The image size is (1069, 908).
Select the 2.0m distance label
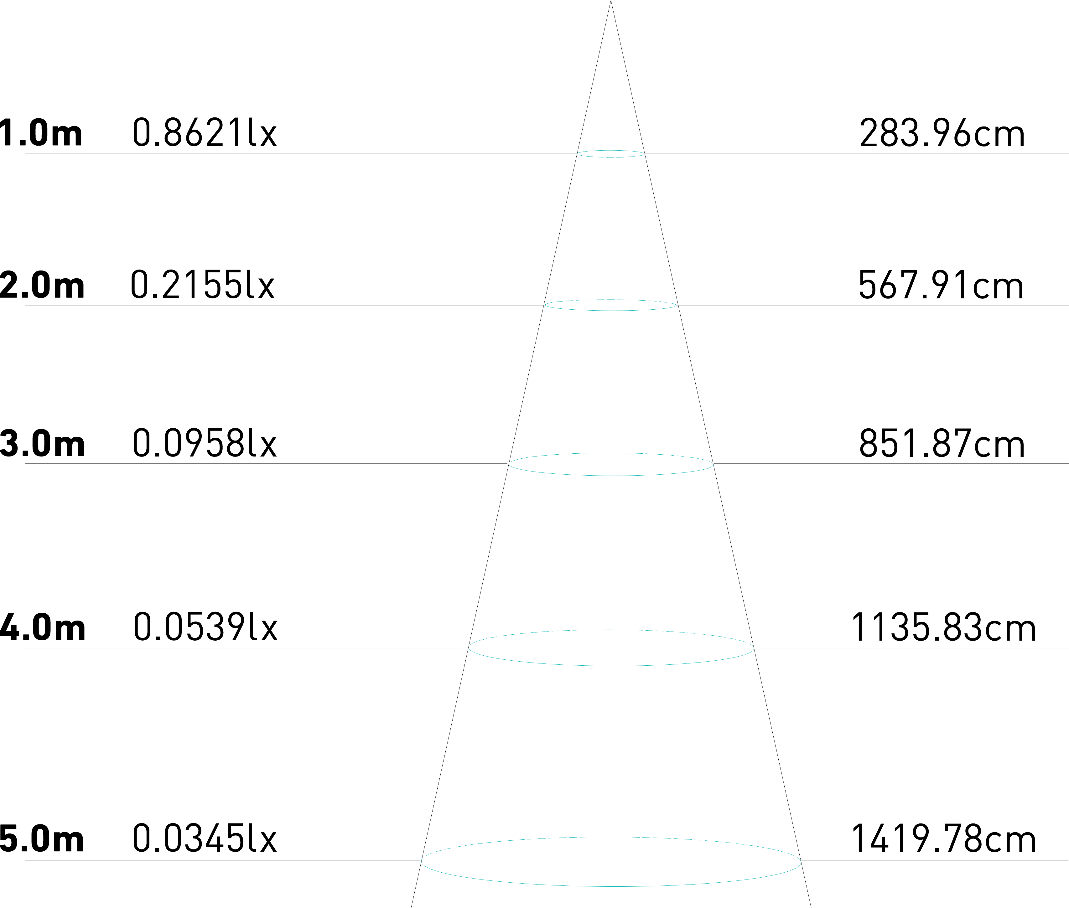[42, 286]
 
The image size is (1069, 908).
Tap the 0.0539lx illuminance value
[205, 628]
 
